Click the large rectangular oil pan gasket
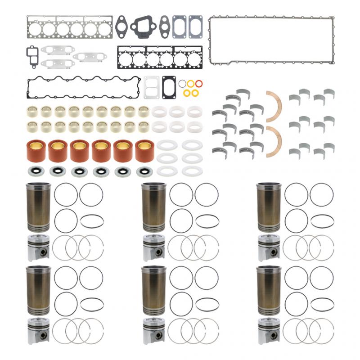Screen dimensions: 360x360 271,18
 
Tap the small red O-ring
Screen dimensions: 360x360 199,83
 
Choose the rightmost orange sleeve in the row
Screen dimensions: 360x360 144,151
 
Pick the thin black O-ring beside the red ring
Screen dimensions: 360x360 182,84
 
